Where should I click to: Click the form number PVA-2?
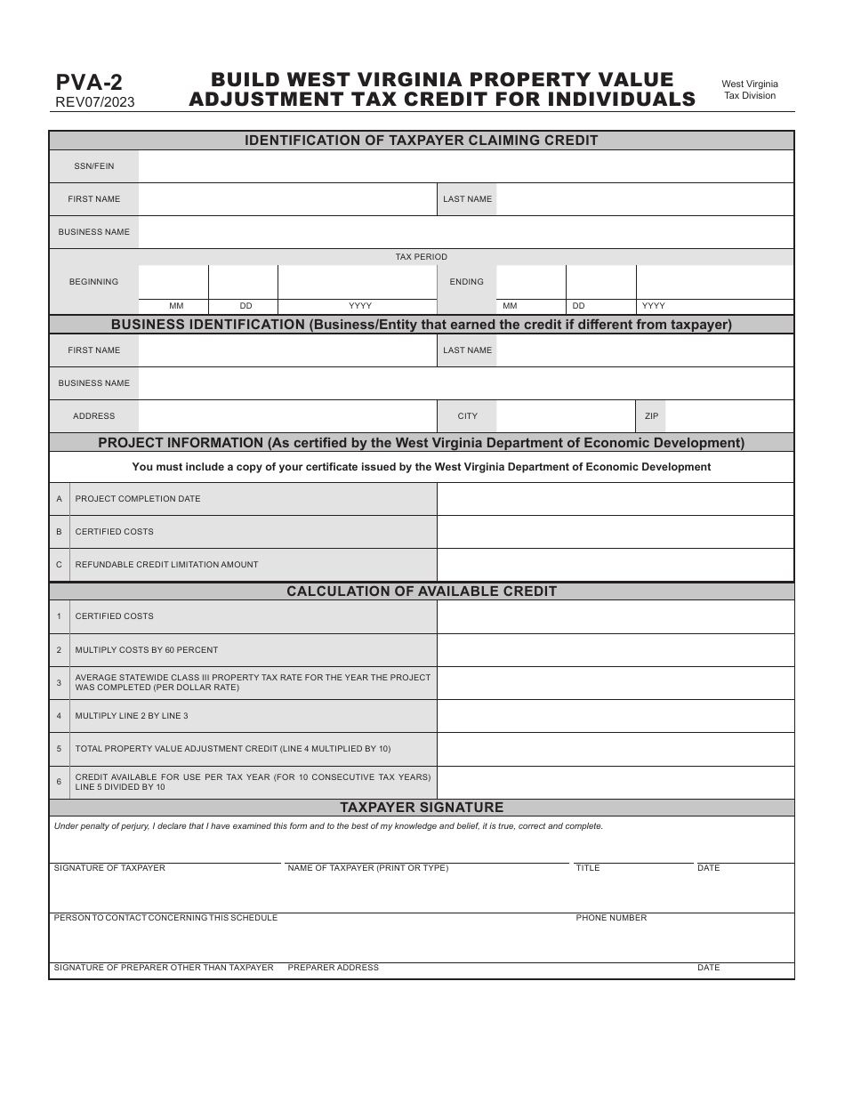89,83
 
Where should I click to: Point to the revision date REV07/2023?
95,102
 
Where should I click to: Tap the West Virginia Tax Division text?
749,90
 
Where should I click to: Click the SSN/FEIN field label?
93,166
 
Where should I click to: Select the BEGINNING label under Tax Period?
93,282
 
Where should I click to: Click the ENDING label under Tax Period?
466,282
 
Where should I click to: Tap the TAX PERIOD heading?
422,257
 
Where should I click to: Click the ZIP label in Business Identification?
652,416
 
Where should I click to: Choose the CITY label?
467,416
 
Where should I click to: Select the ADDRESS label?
93,416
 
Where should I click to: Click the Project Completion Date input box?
616,499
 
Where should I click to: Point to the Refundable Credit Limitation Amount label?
166,565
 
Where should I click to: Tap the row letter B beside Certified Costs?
59,532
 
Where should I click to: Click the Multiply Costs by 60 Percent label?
147,650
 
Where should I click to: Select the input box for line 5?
616,749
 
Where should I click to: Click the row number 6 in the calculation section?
59,782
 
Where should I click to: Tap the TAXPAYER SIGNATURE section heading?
422,808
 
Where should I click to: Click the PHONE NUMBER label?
611,918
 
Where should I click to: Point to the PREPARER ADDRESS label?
333,968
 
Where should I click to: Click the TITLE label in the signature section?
587,868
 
